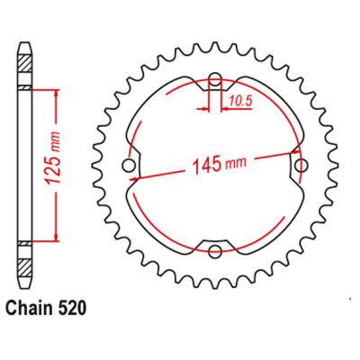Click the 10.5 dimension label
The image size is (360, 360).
[240, 102]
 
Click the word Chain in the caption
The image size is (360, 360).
[27, 308]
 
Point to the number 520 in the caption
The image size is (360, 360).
[70, 308]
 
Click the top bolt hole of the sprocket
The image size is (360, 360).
[215, 79]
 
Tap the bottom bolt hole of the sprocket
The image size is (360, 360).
[215, 251]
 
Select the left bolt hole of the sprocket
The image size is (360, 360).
[129, 166]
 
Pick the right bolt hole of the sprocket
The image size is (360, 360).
[301, 166]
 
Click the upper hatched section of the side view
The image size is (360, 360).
[25, 64]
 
